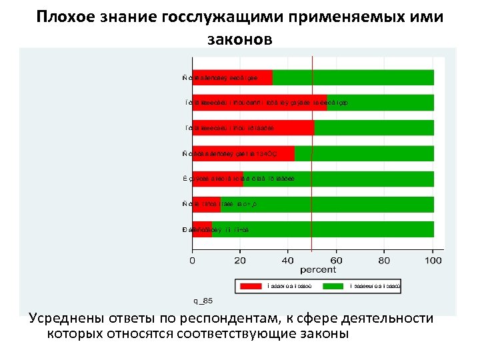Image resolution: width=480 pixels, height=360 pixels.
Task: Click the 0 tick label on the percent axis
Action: tap(193, 259)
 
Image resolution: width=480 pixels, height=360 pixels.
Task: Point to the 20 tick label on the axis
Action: tap(241, 259)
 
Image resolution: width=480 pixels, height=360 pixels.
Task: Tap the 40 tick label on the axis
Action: tap(289, 259)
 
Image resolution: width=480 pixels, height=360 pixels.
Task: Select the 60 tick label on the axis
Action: tap(337, 259)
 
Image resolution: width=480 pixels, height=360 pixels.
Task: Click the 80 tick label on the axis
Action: tap(385, 259)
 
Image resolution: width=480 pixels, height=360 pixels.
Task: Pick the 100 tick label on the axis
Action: tap(433, 259)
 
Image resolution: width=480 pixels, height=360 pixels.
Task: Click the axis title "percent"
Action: tap(313, 270)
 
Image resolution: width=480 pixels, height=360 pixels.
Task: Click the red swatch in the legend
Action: tap(250, 286)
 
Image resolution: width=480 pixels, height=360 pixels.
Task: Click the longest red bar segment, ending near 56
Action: tap(260, 103)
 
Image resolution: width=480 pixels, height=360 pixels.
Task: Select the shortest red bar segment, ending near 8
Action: tap(202, 229)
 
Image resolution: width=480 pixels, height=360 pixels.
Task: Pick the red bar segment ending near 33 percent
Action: tap(233, 77)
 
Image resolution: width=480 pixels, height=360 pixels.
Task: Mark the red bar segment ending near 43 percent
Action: tap(243, 153)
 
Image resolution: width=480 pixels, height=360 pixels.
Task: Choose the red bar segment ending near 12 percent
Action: tap(207, 204)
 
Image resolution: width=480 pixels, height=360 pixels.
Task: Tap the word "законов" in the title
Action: tap(239, 39)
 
